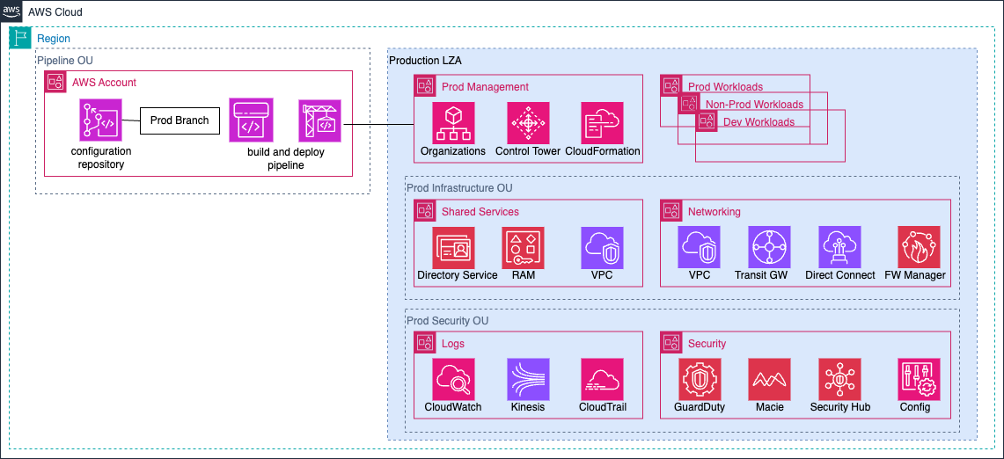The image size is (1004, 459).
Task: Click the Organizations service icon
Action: tap(453, 123)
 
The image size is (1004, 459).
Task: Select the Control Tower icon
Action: tap(528, 123)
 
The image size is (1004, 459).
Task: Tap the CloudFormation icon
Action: tap(603, 123)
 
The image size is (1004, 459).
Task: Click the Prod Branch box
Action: tap(180, 120)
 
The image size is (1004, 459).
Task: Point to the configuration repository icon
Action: tap(101, 120)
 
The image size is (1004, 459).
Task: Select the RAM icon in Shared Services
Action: tap(523, 247)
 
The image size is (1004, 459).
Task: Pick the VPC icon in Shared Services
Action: tap(602, 247)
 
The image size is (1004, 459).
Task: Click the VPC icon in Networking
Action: tap(699, 247)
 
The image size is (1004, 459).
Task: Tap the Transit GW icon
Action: tap(769, 247)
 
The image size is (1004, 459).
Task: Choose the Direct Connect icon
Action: tap(839, 247)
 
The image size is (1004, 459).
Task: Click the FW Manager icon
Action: tap(919, 247)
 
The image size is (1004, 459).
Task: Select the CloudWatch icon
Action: tap(453, 379)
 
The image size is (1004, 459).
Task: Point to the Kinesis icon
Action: tap(528, 379)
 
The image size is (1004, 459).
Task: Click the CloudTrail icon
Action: tap(603, 379)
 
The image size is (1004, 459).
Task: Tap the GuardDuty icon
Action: tap(699, 379)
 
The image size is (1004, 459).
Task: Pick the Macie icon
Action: tap(769, 379)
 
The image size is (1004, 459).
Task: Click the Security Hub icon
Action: tap(839, 379)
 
